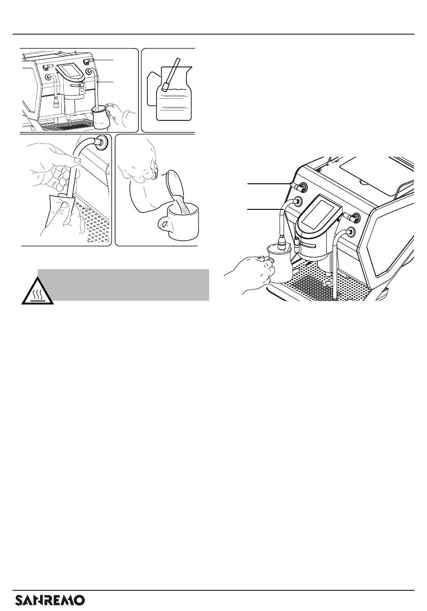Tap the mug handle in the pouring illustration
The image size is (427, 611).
coord(164,225)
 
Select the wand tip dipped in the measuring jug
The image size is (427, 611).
coord(165,87)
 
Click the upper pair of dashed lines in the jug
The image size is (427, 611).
coord(174,97)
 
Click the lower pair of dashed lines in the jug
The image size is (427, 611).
coord(174,109)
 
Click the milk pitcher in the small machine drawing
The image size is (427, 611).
coord(101,117)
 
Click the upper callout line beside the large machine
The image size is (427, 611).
coord(269,184)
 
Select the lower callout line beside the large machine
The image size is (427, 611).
coord(264,209)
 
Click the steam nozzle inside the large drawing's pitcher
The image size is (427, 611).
coord(281,244)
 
